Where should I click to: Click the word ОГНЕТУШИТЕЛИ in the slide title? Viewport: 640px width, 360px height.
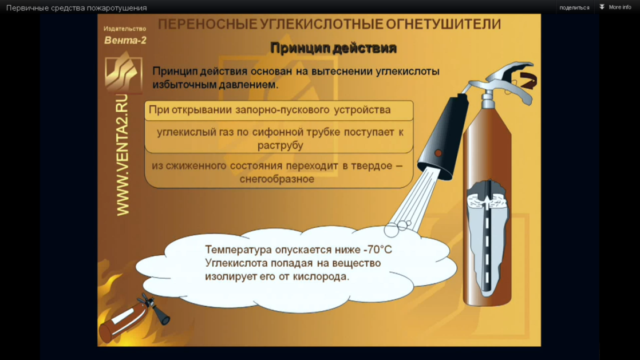point(443,24)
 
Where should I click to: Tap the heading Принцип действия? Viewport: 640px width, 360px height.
point(333,48)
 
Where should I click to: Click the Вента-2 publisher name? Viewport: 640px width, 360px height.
point(125,40)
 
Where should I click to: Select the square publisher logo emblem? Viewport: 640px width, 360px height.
point(123,73)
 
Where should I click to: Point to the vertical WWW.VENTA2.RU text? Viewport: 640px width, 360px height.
point(123,155)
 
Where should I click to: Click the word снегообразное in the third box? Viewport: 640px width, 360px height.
point(276,179)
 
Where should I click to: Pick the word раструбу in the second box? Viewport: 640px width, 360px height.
point(281,145)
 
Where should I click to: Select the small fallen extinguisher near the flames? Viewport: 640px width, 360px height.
point(135,317)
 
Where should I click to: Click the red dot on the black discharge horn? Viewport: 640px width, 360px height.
point(438,153)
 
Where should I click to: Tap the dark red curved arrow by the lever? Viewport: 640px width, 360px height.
point(528,80)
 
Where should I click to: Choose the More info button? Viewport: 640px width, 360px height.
point(615,7)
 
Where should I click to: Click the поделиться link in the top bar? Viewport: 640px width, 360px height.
point(574,8)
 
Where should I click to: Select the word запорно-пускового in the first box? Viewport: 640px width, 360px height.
point(282,110)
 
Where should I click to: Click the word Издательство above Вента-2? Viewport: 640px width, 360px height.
point(125,29)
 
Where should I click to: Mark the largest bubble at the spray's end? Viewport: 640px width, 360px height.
point(391,231)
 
